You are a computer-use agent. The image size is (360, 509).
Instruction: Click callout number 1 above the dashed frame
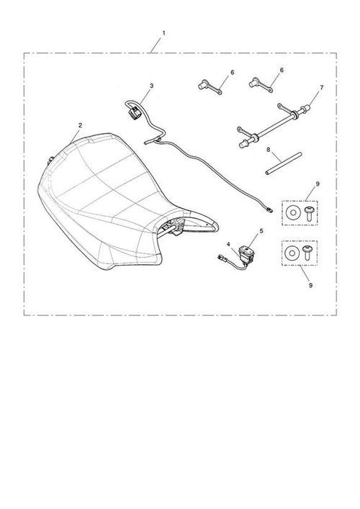163,33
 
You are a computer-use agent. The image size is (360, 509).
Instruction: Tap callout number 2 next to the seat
80,125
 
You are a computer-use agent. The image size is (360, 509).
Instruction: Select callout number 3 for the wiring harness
152,86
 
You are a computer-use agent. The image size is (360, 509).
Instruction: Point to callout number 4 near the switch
228,244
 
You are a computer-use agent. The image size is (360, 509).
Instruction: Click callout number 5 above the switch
261,231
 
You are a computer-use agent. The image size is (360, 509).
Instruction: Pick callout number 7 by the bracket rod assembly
321,88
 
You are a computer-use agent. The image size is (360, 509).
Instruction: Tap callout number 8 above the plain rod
268,150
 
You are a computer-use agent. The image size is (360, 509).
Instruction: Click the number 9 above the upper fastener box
318,184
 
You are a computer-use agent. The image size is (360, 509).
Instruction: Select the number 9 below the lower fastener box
310,285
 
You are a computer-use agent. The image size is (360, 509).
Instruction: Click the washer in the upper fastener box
293,213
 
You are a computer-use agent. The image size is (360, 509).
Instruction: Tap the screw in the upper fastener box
307,213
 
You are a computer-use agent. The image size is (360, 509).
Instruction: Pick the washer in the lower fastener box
292,253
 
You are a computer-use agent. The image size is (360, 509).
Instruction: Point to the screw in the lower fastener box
307,253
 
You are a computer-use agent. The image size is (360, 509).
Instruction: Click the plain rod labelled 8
284,163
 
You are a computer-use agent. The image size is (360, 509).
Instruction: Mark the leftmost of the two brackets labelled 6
210,87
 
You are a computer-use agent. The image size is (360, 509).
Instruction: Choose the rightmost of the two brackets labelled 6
261,85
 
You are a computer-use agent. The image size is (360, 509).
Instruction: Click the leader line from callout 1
156,45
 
